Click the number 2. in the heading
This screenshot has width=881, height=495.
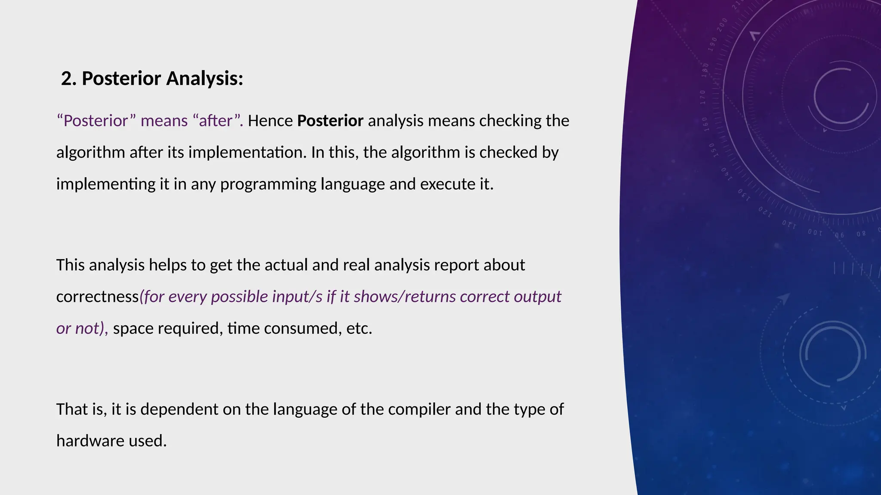coord(69,79)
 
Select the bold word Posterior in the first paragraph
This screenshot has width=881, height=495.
coord(330,121)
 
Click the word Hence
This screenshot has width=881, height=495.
coord(270,121)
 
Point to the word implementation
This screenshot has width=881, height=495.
coord(247,153)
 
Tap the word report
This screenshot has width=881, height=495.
coord(456,265)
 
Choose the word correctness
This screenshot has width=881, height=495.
coord(97,297)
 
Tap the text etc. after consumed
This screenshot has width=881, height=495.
coord(359,329)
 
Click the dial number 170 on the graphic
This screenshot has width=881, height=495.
coord(702,98)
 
